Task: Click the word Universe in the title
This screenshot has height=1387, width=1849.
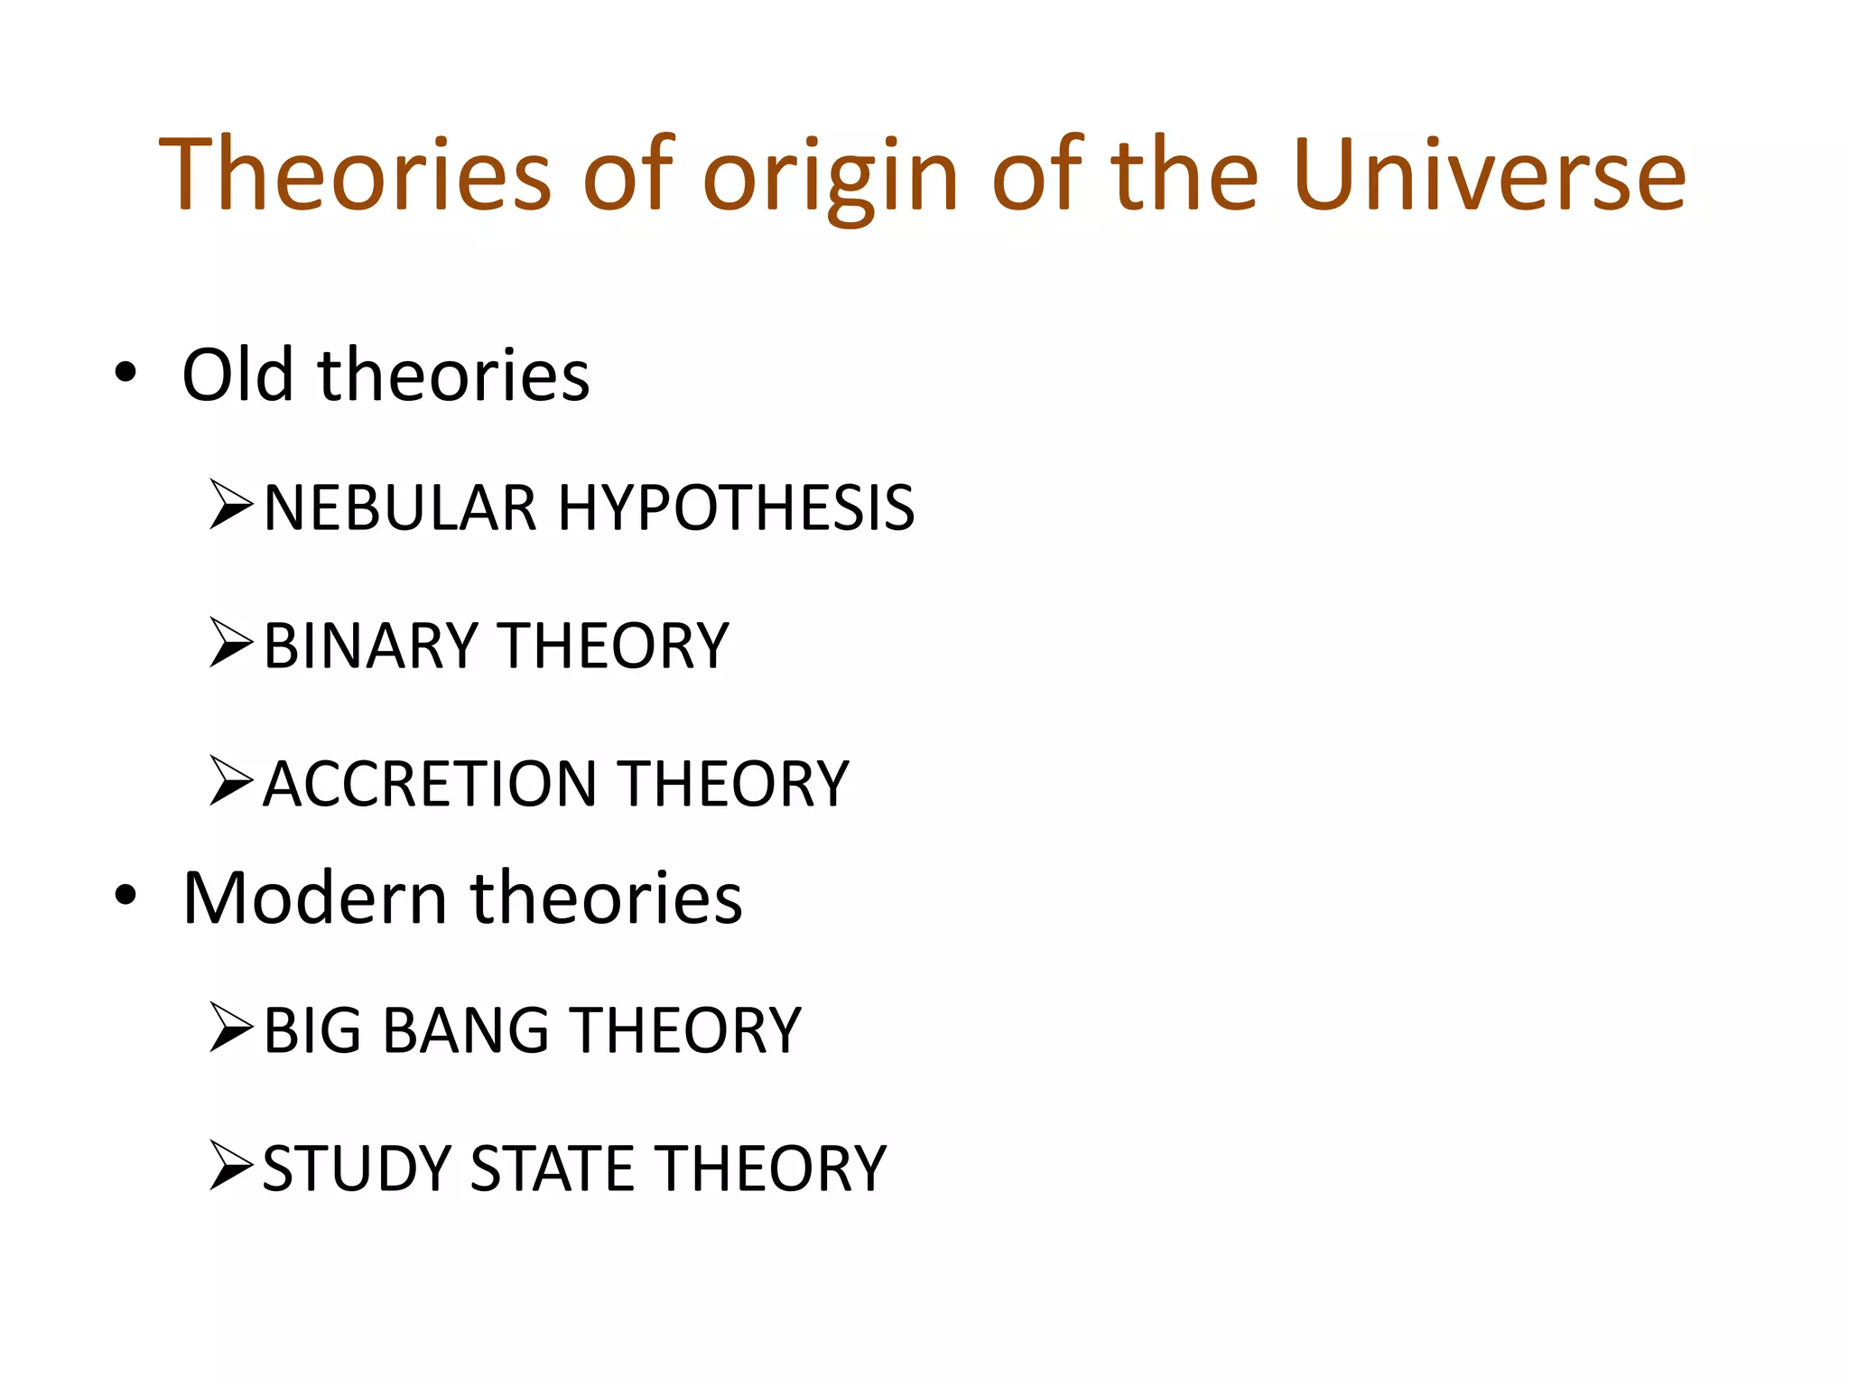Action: pos(1488,174)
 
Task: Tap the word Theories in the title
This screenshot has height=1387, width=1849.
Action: pos(355,174)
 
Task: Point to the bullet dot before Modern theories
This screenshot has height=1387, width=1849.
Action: pos(125,895)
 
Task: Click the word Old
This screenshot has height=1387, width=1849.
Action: pos(237,374)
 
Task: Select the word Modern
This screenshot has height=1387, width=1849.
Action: pos(315,898)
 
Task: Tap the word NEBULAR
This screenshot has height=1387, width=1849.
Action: pos(400,507)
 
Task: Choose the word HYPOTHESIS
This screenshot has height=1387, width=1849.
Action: pos(736,507)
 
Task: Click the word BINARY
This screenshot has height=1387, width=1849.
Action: pos(370,646)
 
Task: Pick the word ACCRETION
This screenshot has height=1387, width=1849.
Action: pos(430,783)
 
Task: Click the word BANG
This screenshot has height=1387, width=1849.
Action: pos(466,1030)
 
